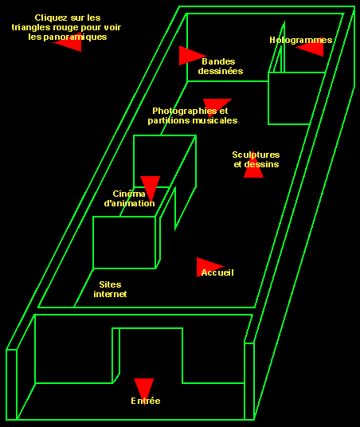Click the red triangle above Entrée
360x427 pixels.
pos(143,388)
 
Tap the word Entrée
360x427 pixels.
pos(146,401)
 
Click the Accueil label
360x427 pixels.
pos(217,272)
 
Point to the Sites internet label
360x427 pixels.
pos(110,289)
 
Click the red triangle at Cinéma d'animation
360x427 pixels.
pos(150,186)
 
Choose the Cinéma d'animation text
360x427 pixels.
pos(130,198)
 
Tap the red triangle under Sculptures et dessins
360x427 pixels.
pos(253,170)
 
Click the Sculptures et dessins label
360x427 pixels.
pos(256,159)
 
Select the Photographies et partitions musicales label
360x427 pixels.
pos(192,116)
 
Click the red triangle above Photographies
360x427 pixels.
pos(217,104)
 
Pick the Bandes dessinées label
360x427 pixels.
pos(221,66)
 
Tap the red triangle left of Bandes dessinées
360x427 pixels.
pos(190,56)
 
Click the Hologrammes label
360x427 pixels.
pos(300,40)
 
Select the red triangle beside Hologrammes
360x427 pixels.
pos(311,49)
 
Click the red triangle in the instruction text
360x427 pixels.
pos(68,43)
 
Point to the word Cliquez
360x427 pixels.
pos(50,18)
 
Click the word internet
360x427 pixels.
pos(110,294)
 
